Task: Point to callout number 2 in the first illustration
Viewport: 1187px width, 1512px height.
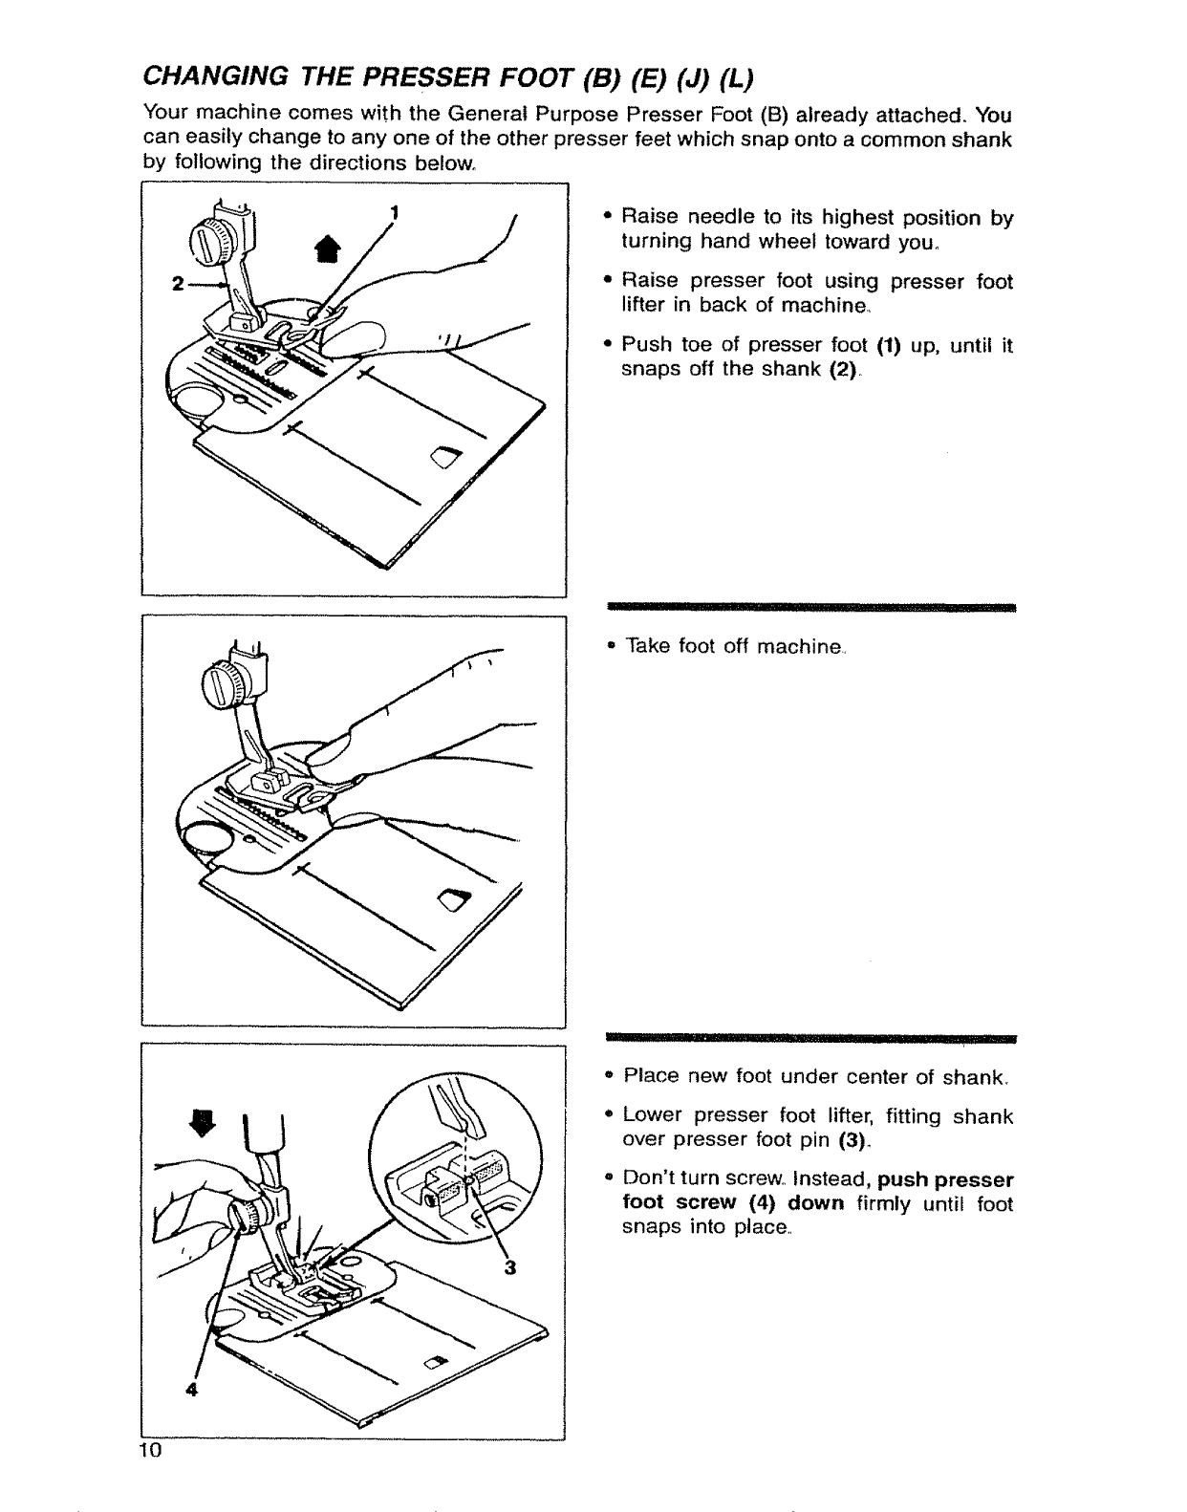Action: tap(177, 284)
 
